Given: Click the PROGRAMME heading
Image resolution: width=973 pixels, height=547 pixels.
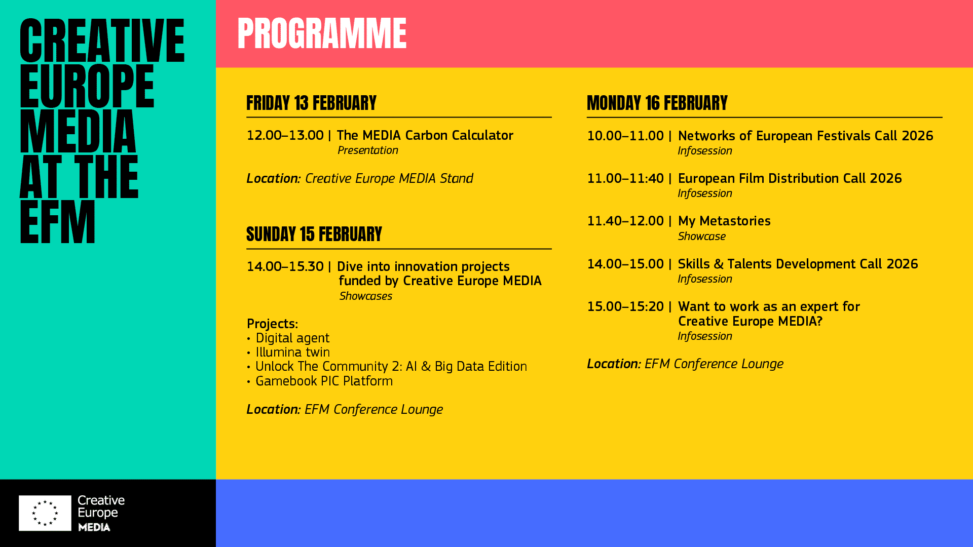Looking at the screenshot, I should pos(322,34).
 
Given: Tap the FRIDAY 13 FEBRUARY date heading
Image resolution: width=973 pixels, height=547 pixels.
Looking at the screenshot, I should pos(311,103).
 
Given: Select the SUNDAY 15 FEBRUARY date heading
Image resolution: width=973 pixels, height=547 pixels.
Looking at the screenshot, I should pos(314,234).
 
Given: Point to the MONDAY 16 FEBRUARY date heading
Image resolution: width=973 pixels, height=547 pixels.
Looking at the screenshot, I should pos(657,103).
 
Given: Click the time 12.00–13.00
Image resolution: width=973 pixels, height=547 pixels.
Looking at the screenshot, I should pos(285,135).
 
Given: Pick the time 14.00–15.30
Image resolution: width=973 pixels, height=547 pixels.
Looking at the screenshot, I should pos(285,266).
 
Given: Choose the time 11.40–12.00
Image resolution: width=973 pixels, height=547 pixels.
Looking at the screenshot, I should pos(625,221).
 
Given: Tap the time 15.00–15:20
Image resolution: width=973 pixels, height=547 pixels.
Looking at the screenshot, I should pos(625,306).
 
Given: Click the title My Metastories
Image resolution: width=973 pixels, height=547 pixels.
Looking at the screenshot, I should pos(724,221).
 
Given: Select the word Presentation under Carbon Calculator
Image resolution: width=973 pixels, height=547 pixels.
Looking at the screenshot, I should pos(367,150).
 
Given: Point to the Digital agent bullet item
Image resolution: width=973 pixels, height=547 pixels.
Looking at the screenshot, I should pos(292,338).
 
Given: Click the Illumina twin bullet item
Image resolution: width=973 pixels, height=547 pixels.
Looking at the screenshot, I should pos(292,352).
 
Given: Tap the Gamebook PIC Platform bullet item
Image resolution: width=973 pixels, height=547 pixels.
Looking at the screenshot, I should pos(324,381).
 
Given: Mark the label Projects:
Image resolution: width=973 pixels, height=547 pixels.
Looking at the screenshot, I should pos(272,324).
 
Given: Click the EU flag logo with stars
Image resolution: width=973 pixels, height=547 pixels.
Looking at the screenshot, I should pos(45,513).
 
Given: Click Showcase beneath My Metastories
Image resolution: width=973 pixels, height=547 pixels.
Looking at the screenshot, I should pos(701,237).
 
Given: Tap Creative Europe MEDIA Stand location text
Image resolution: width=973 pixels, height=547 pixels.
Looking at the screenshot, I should pos(389,178).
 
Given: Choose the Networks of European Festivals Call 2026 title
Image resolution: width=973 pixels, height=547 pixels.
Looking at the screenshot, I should pos(805,136).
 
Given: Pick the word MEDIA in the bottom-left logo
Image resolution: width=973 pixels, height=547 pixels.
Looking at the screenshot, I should pos(94,527).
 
